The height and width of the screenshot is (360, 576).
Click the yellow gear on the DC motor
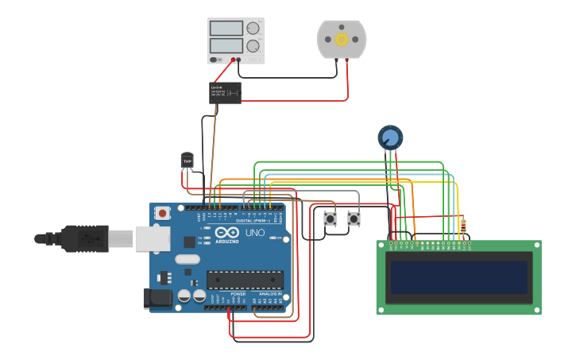[342, 39]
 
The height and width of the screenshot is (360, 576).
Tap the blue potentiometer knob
[389, 138]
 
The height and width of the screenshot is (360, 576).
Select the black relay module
[226, 93]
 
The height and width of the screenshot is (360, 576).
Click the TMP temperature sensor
[187, 161]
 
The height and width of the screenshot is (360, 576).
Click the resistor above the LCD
[464, 227]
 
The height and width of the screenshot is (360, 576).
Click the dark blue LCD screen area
[458, 277]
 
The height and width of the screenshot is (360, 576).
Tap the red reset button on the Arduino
[163, 213]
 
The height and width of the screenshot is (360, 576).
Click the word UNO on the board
[255, 233]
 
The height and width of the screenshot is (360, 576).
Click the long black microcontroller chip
[245, 279]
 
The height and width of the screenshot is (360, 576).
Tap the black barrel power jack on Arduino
[157, 298]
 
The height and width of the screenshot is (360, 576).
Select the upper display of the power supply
[226, 29]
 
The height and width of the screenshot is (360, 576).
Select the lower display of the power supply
[226, 46]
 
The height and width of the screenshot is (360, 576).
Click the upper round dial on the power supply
[253, 29]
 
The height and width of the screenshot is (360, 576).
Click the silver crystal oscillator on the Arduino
[187, 259]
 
